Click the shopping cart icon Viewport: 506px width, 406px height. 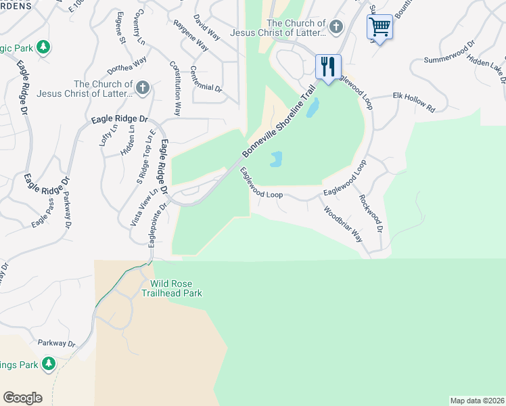(380, 28)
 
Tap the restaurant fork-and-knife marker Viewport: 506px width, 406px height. (328, 67)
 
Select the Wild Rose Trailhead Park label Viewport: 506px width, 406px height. (172, 288)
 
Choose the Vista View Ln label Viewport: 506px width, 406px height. (139, 206)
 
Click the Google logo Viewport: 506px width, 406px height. (22, 398)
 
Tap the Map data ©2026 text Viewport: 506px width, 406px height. (477, 401)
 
